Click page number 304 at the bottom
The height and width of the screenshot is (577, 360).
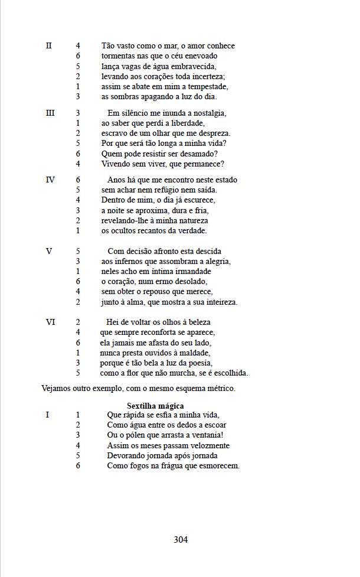[x=181, y=539]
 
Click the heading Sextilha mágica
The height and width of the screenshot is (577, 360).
[x=155, y=406]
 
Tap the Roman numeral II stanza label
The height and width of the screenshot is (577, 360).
[x=49, y=45]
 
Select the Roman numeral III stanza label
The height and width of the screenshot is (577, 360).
[x=50, y=113]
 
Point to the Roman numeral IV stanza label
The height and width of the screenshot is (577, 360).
[x=50, y=180]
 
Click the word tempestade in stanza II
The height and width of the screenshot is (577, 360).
[x=208, y=86]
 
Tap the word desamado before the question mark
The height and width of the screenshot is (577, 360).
[x=197, y=154]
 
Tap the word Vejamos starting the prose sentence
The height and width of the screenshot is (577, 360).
[x=57, y=389]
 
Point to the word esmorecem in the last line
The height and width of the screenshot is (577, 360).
[x=219, y=466]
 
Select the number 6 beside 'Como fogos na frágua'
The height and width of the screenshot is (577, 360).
[x=78, y=466]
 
